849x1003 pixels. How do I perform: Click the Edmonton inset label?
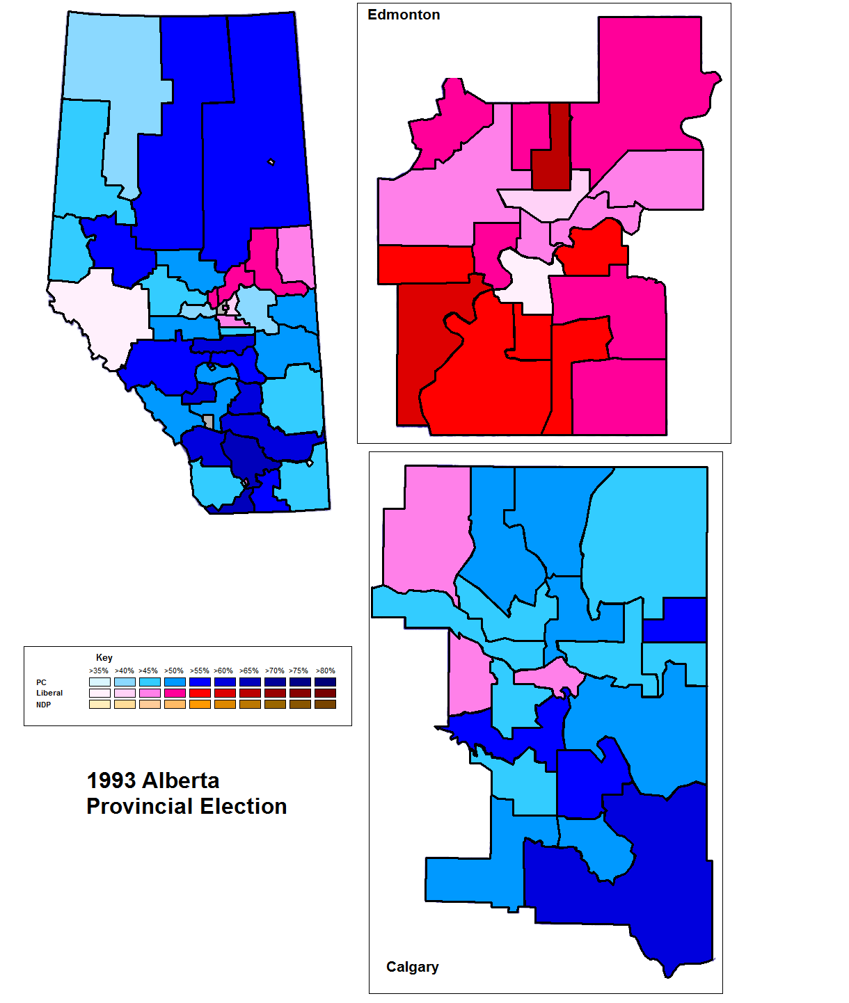[404, 15]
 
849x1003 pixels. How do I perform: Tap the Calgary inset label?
[412, 967]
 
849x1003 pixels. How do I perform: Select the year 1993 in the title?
[111, 780]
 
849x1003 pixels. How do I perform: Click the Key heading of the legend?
[104, 657]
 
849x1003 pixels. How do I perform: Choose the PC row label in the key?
[41, 682]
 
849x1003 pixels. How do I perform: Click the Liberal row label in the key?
[49, 693]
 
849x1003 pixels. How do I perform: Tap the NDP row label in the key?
[43, 705]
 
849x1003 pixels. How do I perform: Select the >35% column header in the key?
[99, 671]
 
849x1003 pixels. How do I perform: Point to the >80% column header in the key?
[325, 671]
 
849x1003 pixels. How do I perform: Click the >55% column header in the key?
[200, 671]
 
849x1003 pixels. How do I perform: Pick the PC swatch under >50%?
[175, 682]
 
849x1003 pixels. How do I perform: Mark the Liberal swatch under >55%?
[200, 693]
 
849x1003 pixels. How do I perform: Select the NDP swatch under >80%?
[325, 704]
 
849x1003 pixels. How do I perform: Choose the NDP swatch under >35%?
[100, 704]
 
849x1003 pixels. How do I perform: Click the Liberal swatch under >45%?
[150, 693]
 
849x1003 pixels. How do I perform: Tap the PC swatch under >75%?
[300, 682]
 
